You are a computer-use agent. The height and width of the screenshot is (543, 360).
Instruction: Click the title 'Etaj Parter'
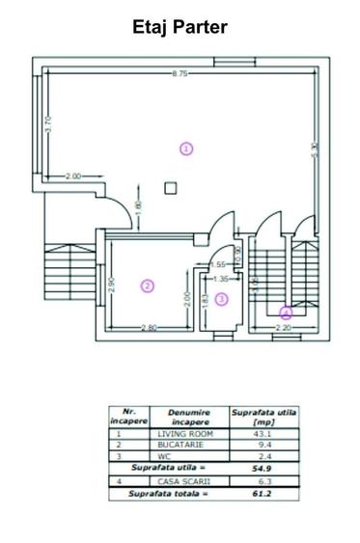(180, 27)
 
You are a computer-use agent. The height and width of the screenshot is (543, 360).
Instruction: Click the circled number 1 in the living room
(186, 148)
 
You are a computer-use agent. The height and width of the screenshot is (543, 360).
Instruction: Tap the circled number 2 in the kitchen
(147, 285)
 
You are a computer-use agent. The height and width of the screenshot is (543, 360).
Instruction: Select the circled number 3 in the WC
(221, 299)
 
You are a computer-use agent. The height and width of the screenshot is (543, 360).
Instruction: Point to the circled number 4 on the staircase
(285, 312)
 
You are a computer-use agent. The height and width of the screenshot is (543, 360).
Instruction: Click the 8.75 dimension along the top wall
(180, 74)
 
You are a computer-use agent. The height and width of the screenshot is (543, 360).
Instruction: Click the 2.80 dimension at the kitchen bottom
(148, 328)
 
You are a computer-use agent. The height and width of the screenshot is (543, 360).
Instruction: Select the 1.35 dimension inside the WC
(221, 279)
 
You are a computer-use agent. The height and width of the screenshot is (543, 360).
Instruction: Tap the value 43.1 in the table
(263, 434)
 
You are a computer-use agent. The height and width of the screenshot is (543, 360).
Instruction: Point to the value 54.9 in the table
(263, 467)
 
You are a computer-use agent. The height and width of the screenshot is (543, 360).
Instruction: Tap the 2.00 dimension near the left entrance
(73, 176)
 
